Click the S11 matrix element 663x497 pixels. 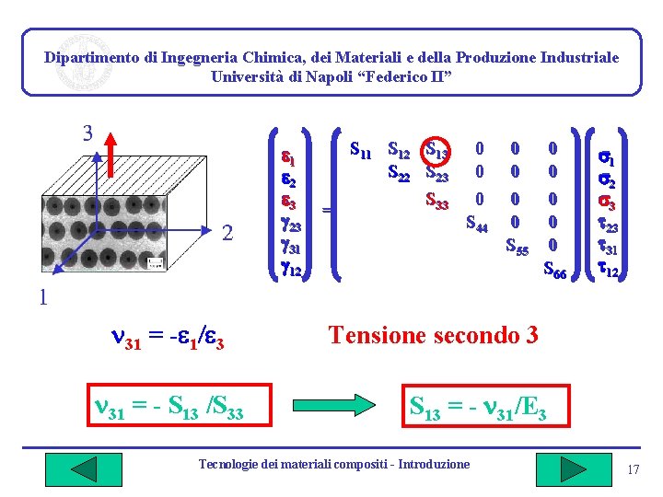[x=363, y=147]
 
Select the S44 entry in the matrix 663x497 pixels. [x=477, y=222]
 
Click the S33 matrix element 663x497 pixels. [x=436, y=196]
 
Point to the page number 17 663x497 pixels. [x=633, y=470]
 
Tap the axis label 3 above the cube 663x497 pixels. [x=87, y=133]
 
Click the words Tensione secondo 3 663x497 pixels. [x=433, y=335]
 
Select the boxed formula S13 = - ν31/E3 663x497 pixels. [x=478, y=405]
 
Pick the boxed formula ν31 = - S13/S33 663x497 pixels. [x=169, y=405]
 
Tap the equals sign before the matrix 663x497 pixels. [x=326, y=210]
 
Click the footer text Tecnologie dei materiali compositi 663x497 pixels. [x=333, y=464]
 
